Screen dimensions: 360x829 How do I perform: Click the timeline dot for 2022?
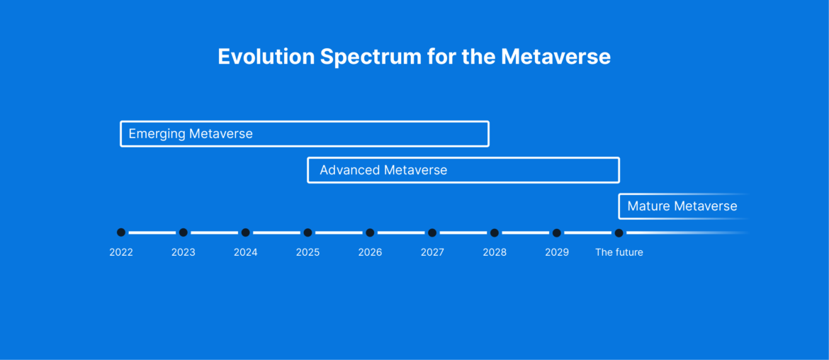pos(121,232)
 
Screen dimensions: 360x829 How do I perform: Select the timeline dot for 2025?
pos(308,232)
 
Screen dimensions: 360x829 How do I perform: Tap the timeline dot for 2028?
pos(495,232)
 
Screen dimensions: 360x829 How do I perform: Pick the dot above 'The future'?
pos(619,232)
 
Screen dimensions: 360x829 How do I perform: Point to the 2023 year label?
pos(183,252)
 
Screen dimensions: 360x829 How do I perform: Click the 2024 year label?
pos(245,252)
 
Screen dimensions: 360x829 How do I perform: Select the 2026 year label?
pos(370,252)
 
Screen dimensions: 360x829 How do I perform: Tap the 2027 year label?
pos(432,252)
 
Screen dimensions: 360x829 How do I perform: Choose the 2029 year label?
pos(557,252)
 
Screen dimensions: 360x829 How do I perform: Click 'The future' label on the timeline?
pos(619,252)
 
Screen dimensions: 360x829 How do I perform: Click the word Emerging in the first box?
pos(157,134)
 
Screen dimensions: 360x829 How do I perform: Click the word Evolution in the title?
pos(266,57)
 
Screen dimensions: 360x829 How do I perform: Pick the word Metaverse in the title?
pos(556,57)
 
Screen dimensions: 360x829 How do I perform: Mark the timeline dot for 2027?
pos(432,232)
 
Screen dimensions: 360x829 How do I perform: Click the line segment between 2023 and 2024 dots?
pos(214,232)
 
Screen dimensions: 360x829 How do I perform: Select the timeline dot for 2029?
pos(557,232)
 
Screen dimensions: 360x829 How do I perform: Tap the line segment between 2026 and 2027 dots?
pos(401,232)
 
